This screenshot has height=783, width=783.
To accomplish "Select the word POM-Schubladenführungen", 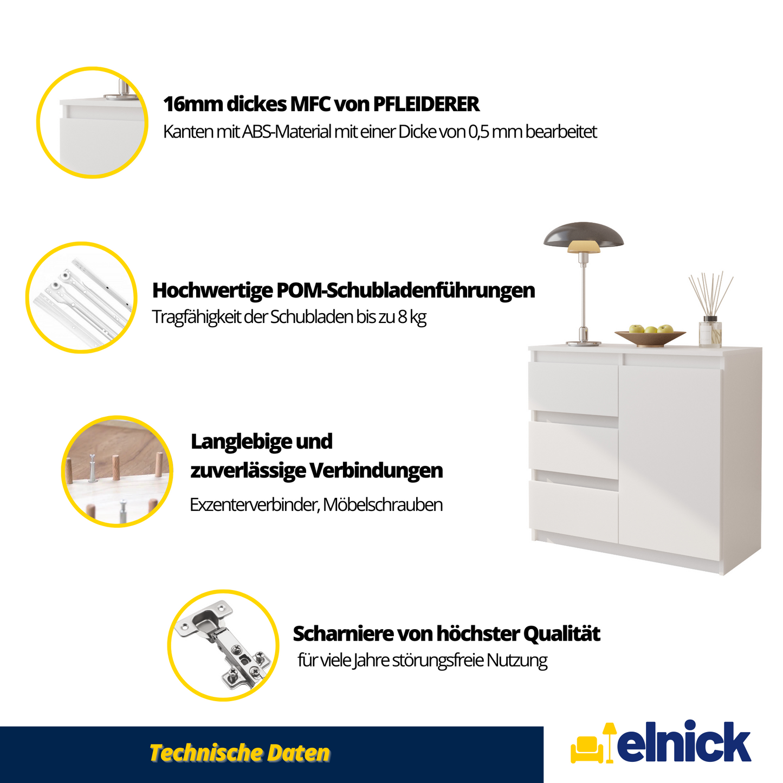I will pyautogui.click(x=405, y=290).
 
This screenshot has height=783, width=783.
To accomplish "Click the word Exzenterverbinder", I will pyautogui.click(x=254, y=505).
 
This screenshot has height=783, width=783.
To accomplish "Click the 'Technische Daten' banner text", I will pyautogui.click(x=240, y=753).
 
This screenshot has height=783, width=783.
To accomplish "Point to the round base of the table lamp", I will pyautogui.click(x=583, y=342).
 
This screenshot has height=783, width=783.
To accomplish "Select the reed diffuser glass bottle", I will pyautogui.click(x=710, y=333).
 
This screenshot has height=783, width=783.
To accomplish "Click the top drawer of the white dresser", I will pyautogui.click(x=573, y=388).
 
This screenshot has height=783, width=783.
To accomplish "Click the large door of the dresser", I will pyautogui.click(x=670, y=461).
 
